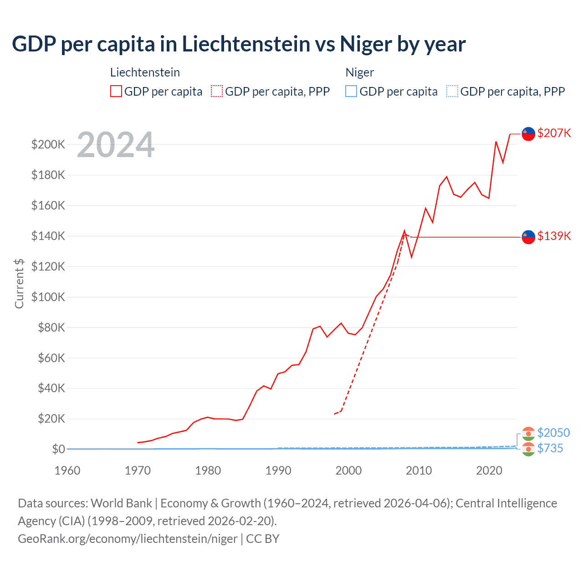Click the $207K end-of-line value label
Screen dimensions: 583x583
[x=554, y=133]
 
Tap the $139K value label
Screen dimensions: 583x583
[x=554, y=236]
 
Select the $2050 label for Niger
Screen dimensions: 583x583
[x=553, y=433]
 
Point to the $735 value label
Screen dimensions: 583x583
[x=550, y=448]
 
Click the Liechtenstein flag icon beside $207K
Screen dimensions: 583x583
[x=528, y=134]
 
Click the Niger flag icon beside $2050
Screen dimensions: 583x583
[x=528, y=433]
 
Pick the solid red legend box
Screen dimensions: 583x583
[x=116, y=92]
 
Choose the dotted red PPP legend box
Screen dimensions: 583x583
[x=217, y=92]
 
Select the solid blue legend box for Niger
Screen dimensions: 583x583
[x=351, y=92]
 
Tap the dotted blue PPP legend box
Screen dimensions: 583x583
[x=452, y=92]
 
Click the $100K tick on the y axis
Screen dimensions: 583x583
[x=48, y=297]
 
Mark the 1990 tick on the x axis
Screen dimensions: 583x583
[x=278, y=470]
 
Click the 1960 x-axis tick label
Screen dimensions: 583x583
[x=67, y=470]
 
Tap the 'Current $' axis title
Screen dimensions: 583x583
[x=19, y=283]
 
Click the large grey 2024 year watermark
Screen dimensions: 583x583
[x=116, y=145]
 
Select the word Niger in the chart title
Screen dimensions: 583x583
[x=366, y=44]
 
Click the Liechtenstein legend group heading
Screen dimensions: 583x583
[x=145, y=72]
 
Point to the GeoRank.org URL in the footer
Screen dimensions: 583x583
[x=128, y=539]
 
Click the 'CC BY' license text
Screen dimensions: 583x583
[x=263, y=539]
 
